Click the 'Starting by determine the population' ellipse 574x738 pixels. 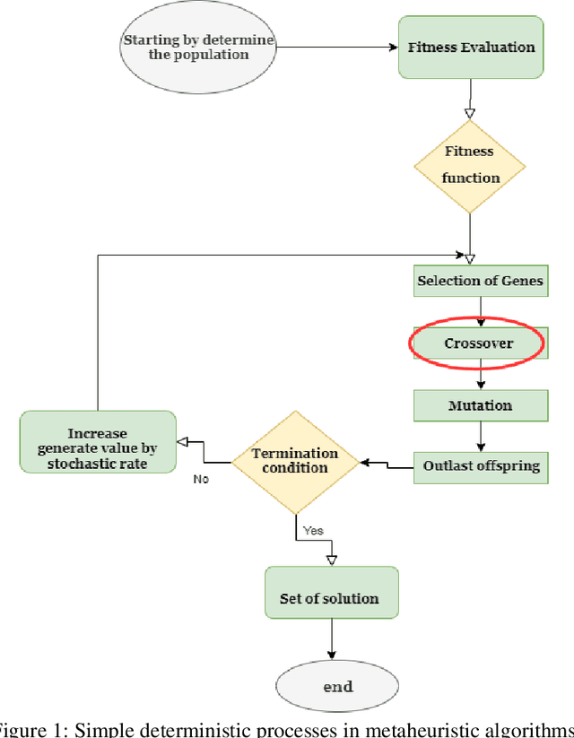199,48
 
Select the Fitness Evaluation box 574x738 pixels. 470,48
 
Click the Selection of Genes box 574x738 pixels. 480,281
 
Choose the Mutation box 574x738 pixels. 480,405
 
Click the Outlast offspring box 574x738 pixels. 481,467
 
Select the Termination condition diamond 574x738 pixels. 295,462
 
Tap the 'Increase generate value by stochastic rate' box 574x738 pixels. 98,441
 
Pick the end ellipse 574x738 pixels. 331,686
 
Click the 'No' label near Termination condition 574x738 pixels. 202,480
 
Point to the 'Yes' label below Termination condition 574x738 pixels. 313,531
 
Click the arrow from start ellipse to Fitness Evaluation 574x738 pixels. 337,48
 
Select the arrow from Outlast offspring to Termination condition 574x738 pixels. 387,464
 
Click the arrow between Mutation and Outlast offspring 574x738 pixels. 481,436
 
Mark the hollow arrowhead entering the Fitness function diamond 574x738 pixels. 469,113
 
